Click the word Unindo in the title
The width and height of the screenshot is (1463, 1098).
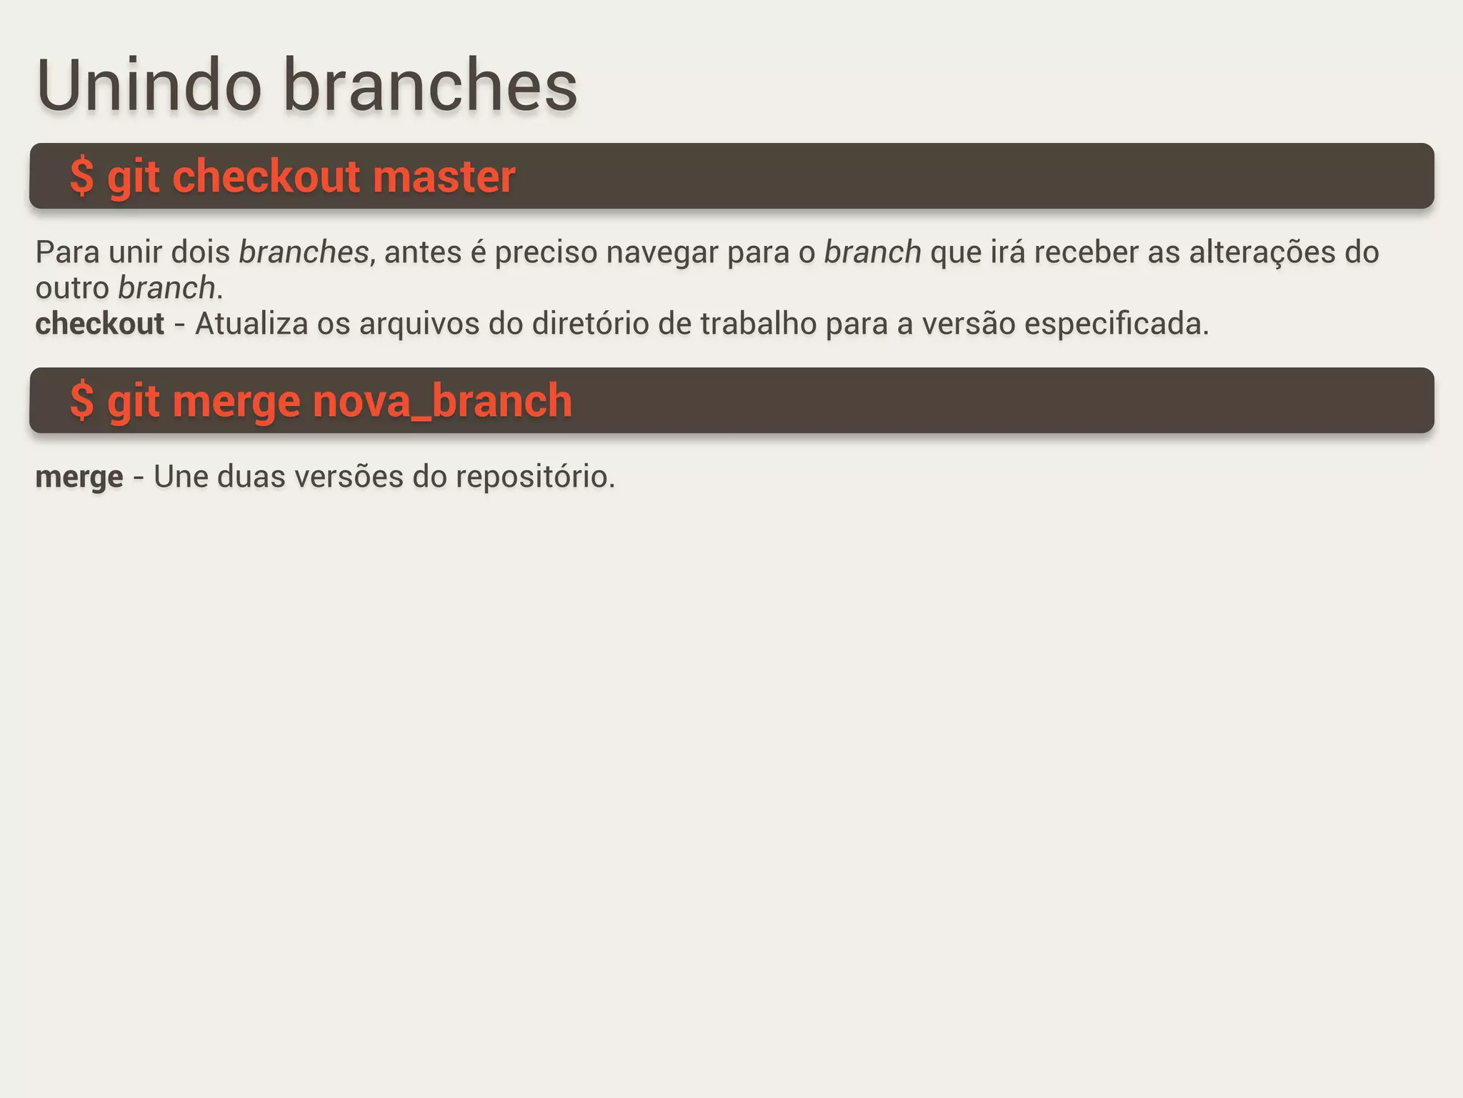(x=149, y=86)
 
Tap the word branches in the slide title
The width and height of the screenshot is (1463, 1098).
(x=430, y=86)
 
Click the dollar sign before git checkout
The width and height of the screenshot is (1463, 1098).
(x=82, y=177)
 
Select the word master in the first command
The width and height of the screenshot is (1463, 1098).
(x=444, y=177)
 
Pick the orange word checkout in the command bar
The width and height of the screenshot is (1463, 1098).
(x=266, y=177)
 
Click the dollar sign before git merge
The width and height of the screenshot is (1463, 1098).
(x=82, y=401)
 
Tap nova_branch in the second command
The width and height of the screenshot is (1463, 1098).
(x=442, y=401)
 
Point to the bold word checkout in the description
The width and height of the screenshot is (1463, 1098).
(x=100, y=324)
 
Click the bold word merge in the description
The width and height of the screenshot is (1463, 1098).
(x=79, y=478)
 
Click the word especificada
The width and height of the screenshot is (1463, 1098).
(x=1117, y=324)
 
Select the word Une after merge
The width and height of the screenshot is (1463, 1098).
(x=181, y=477)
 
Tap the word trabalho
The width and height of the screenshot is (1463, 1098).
(x=758, y=324)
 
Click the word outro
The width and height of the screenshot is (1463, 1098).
(x=72, y=288)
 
